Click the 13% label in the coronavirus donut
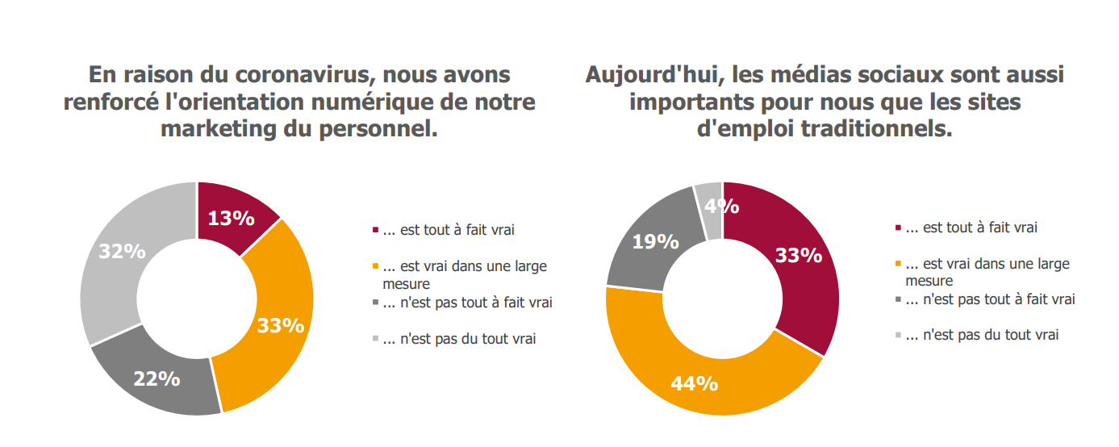pos(231,218)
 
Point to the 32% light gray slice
pos(121,252)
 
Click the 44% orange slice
pos(694,382)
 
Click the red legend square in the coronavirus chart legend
pos(375,231)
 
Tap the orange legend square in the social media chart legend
pos(900,265)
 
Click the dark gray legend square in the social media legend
pos(900,300)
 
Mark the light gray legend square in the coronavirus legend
pos(375,340)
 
